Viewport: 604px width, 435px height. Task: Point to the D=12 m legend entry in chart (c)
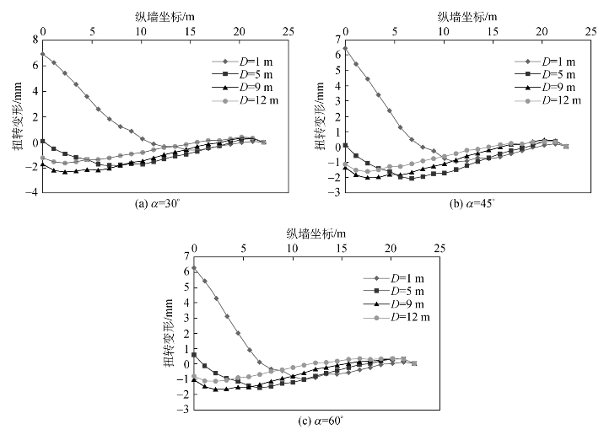[409, 317]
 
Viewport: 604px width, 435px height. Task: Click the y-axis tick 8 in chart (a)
[35, 39]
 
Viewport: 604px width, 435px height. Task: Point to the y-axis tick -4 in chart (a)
[33, 193]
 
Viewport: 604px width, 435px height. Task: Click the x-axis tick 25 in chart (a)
[289, 30]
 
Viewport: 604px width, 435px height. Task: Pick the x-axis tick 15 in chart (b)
[493, 30]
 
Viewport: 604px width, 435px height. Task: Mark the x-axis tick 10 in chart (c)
[292, 250]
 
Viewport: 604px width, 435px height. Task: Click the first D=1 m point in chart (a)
[42, 54]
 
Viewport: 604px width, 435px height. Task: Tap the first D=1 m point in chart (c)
[194, 268]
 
